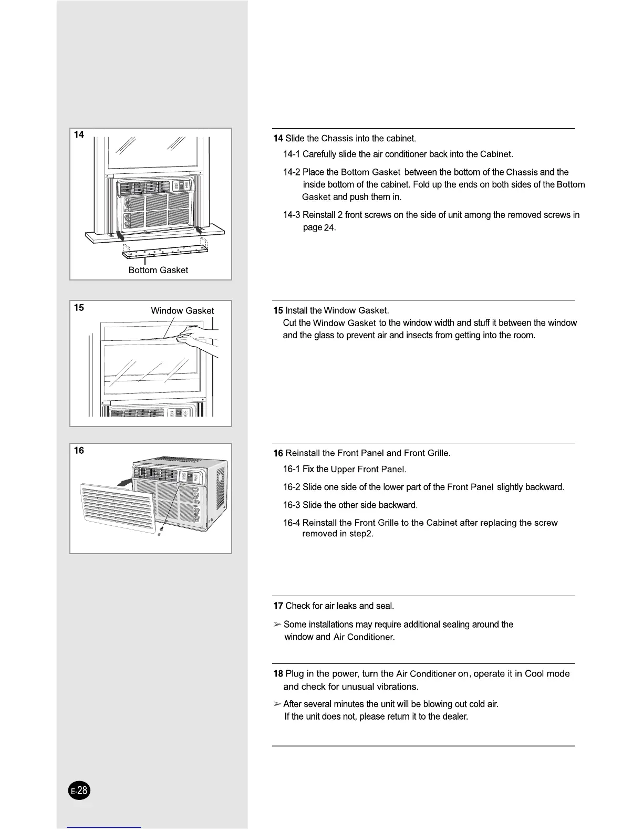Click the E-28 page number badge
(80, 791)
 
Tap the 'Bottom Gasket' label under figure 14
(158, 270)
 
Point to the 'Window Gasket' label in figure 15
(182, 310)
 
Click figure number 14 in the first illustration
(79, 135)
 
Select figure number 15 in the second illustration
(79, 308)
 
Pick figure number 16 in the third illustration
(79, 451)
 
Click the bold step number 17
(278, 606)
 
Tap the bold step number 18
(278, 674)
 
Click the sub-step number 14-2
(292, 172)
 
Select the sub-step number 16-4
(292, 523)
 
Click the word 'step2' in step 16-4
(361, 534)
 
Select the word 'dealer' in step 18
(454, 716)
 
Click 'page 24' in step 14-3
(319, 227)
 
